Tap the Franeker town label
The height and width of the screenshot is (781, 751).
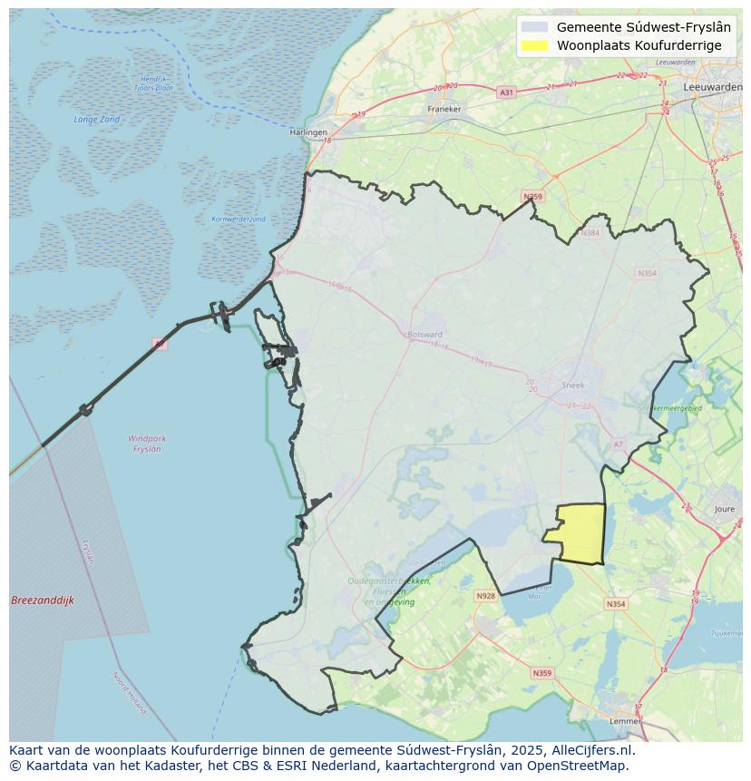[444, 109]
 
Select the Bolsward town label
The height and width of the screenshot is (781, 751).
[425, 334]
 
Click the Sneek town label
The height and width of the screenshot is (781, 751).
[573, 385]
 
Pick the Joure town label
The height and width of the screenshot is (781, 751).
[724, 510]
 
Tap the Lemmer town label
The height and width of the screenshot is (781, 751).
[627, 720]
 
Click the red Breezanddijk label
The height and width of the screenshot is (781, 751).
[43, 600]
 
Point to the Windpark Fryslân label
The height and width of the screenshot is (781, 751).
[147, 444]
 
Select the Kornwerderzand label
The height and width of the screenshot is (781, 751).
[239, 219]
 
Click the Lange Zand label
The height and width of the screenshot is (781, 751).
[97, 119]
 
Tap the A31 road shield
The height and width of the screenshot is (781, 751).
[506, 93]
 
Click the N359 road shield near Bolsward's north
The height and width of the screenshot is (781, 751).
[532, 196]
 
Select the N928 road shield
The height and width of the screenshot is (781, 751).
[486, 596]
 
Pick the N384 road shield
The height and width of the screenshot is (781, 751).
[591, 233]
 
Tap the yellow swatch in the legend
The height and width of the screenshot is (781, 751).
[535, 45]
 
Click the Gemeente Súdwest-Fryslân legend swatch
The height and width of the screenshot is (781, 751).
[535, 27]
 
